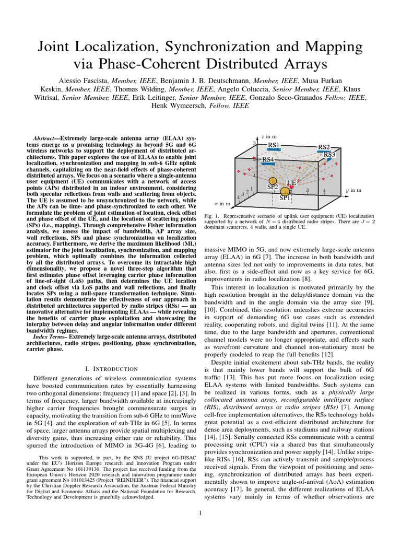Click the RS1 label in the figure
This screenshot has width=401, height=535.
tap(274, 145)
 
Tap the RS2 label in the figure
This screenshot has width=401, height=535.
tap(324, 147)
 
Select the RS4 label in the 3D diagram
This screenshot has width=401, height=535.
tap(267, 159)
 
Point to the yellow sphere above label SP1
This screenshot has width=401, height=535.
tap(285, 191)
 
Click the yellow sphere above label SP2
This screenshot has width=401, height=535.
tap(272, 180)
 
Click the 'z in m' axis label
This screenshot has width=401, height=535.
tap(269, 136)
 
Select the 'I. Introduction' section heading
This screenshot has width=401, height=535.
tap(108, 369)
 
